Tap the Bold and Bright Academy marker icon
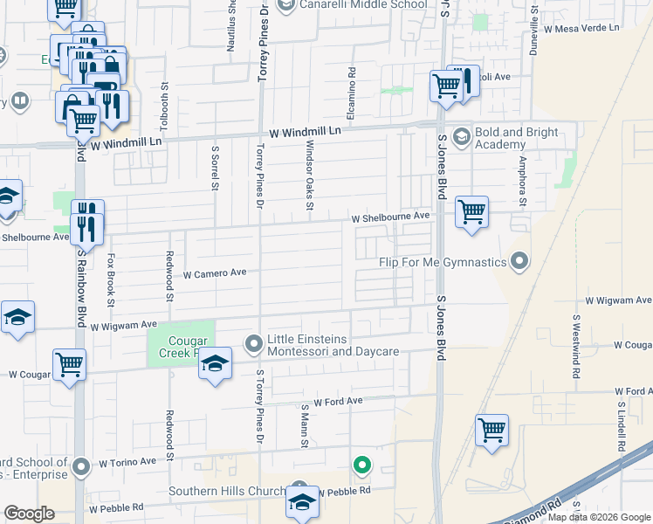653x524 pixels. pos(461,137)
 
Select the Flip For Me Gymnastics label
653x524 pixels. pos(443,262)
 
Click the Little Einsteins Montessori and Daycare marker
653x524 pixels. pos(253,344)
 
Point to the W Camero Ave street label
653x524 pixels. pos(215,273)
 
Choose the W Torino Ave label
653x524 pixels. pos(127,461)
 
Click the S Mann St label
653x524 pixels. pos(306,424)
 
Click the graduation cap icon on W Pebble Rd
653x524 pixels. pos(303,503)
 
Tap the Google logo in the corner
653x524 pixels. pos(30,514)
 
